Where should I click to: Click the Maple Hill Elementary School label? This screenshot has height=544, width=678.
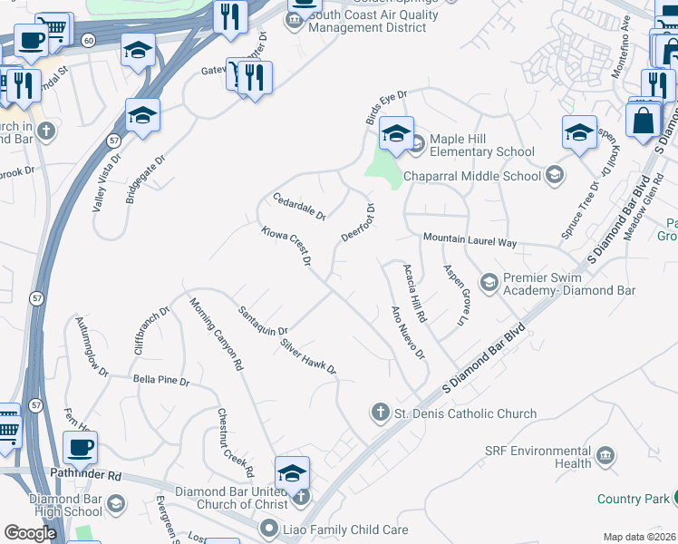481,145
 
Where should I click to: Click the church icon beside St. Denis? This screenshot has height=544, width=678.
381,413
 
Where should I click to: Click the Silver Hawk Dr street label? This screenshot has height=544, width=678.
308,357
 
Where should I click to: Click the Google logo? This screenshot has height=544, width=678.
31,533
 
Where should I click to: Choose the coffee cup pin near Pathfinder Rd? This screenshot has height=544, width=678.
81,447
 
